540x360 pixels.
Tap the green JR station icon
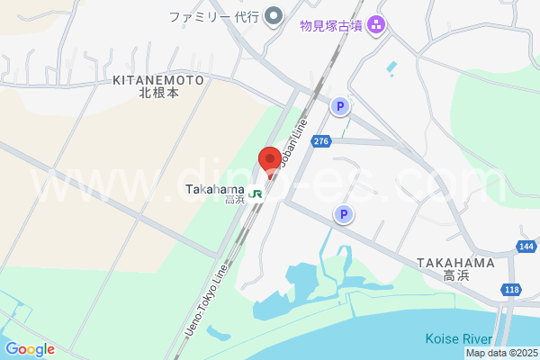256,193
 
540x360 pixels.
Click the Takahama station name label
214,189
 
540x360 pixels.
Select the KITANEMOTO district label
158,80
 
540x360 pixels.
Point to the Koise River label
458,339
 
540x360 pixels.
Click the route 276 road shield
322,141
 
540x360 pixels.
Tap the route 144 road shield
527,247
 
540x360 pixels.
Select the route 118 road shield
511,289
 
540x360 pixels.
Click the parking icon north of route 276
339,106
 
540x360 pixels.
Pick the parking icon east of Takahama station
343,214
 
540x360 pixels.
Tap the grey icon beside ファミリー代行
275,16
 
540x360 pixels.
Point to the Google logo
30,349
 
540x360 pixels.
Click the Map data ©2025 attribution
502,353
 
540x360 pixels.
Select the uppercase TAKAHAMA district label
455,263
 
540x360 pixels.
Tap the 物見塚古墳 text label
331,25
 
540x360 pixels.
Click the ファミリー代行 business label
214,16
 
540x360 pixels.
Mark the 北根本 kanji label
158,92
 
